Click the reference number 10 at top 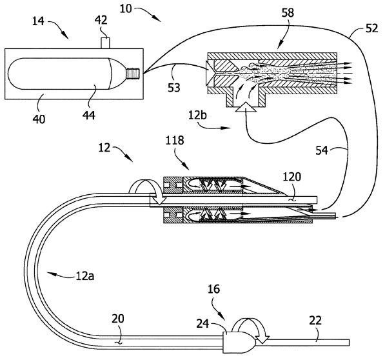point(126,8)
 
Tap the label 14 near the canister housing point(38,21)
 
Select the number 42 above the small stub point(101,20)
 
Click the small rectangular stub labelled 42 point(105,43)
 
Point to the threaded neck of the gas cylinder point(133,74)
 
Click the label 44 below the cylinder point(89,115)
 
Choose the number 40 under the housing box point(39,119)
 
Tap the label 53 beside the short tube point(174,88)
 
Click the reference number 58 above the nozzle point(288,12)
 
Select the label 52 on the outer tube point(371,28)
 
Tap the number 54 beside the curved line point(322,150)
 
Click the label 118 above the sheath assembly point(175,141)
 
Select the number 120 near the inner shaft point(292,177)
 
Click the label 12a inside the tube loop point(85,276)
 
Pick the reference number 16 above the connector point(214,289)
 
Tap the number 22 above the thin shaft point(315,321)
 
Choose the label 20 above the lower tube point(118,319)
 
